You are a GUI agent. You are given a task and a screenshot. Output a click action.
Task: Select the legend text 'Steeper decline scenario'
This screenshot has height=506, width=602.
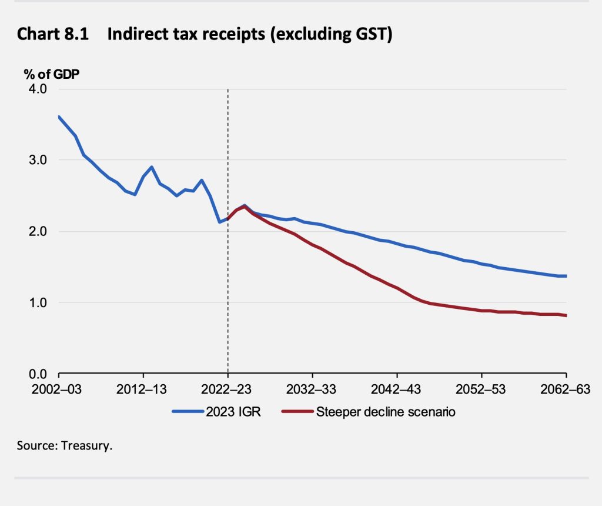386,412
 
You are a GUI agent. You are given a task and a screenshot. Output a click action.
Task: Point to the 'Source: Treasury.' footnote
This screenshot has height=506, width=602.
65,445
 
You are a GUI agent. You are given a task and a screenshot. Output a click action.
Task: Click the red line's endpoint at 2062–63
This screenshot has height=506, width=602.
566,316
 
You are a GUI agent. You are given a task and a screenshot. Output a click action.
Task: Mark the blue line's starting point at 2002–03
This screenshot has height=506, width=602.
59,116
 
